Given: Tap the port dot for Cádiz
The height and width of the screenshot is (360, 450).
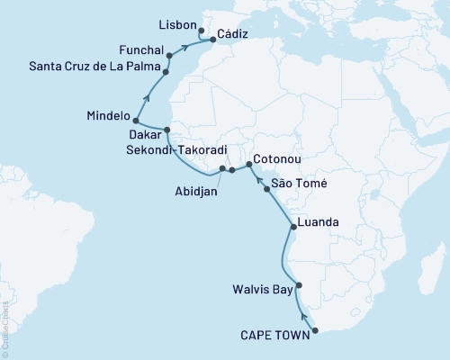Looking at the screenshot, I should click(x=212, y=40).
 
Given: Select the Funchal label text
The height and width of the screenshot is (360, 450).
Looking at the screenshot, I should click(x=140, y=49).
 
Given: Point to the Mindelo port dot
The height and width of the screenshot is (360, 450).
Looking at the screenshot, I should click(x=135, y=120).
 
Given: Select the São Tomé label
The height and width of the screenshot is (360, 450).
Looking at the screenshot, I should click(x=300, y=183).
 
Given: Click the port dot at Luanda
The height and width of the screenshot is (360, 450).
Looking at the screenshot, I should click(x=292, y=228).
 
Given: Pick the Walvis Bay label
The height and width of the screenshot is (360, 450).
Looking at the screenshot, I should click(x=264, y=290).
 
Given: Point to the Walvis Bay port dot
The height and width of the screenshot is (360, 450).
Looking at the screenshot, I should click(x=300, y=285).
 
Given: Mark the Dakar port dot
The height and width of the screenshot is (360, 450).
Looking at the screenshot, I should click(x=166, y=131).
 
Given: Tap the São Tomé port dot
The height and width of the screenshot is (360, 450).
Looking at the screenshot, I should click(x=265, y=190).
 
